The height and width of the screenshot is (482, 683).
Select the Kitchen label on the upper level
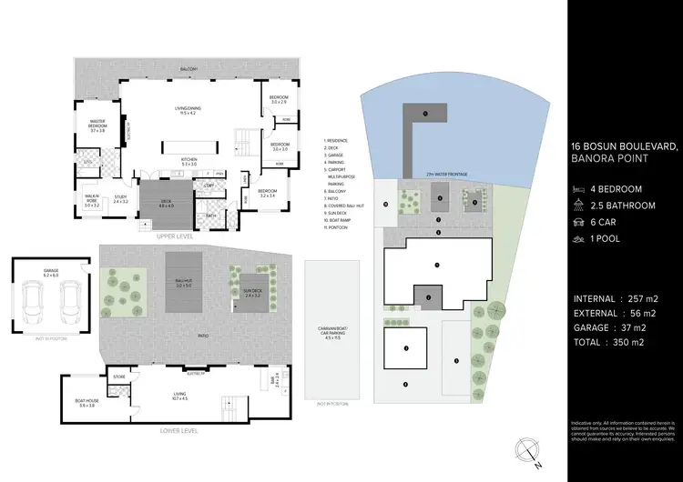coord(188,162)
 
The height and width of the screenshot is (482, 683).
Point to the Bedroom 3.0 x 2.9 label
coord(280,99)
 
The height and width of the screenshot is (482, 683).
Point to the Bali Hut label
coord(186,283)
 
